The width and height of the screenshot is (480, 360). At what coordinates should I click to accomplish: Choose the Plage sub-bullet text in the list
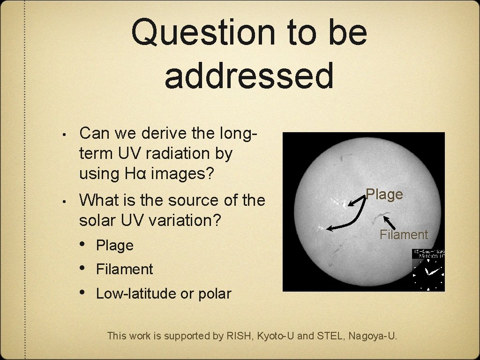pos(115,245)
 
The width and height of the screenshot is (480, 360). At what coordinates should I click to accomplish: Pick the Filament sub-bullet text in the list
pos(124,269)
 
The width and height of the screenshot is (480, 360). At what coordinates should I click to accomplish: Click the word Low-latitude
pos(136,294)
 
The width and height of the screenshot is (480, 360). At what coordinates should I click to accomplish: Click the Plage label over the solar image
pos(384,194)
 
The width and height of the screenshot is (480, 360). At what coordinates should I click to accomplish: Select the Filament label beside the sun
pos(404,234)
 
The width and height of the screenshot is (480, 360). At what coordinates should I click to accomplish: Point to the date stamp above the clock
pos(428,254)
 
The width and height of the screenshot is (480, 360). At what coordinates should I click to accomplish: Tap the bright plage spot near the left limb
pos(320,228)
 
